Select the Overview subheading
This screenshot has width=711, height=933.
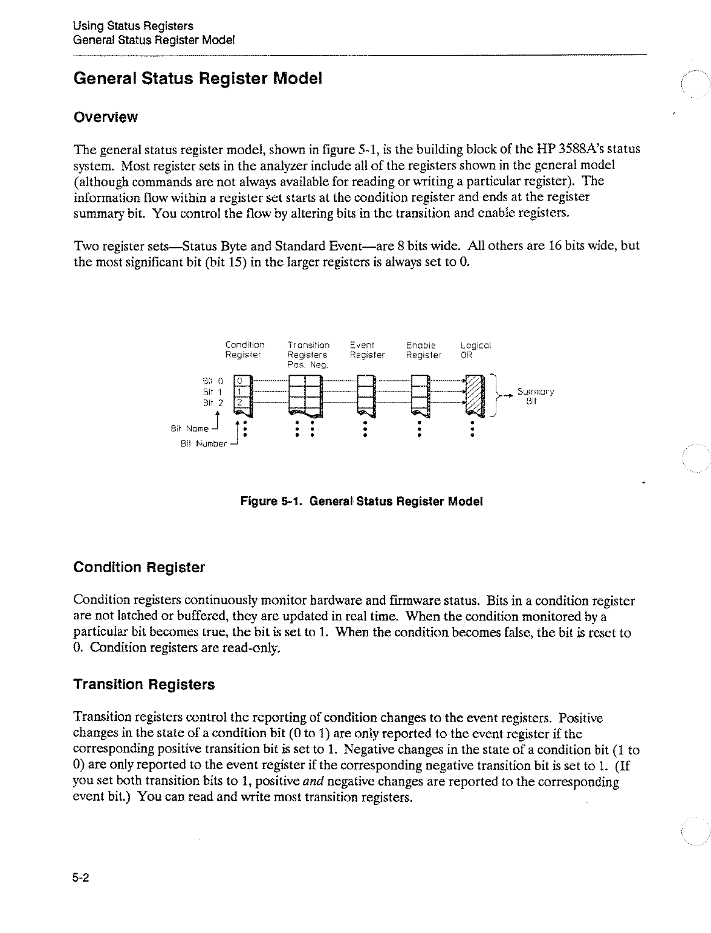click(105, 117)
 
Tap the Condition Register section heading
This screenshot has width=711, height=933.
click(139, 568)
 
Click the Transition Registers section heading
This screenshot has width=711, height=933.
click(144, 685)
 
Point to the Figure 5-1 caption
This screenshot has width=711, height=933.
click(362, 502)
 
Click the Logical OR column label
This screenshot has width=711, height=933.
click(476, 350)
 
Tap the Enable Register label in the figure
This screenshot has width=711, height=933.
click(424, 350)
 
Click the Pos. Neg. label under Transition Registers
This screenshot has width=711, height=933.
click(307, 366)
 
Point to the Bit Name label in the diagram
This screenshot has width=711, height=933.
click(189, 428)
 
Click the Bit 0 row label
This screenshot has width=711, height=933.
click(212, 381)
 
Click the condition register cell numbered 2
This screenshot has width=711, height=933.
click(239, 403)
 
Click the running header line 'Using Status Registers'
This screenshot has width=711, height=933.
click(133, 26)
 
